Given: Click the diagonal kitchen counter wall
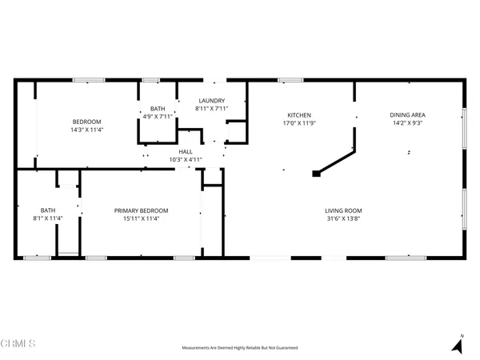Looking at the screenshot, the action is (x=337, y=162).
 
